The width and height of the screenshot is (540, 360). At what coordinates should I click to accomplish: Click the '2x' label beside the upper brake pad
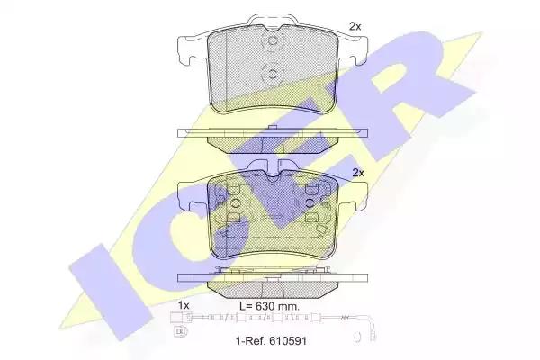355,26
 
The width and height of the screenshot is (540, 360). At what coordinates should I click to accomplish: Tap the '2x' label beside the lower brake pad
358,173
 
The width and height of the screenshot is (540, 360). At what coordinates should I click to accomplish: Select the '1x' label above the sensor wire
184,305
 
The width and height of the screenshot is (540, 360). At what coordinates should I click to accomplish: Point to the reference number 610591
288,341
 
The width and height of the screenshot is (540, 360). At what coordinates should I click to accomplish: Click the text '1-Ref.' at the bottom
251,341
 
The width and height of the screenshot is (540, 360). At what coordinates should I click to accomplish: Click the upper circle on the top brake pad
273,40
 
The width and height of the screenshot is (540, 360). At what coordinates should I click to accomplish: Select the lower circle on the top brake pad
272,74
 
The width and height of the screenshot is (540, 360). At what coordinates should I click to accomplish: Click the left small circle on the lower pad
235,202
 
